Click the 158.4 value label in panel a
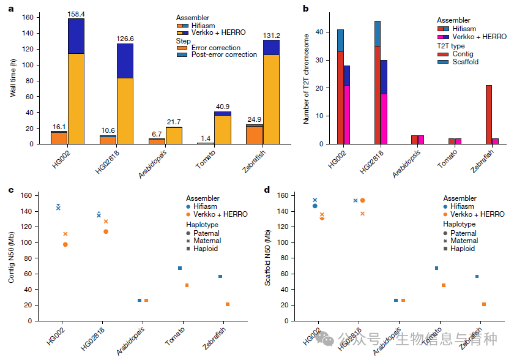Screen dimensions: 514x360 click(76, 14)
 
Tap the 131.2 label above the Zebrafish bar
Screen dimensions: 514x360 click(272, 36)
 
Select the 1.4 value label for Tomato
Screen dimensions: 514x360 click(206, 138)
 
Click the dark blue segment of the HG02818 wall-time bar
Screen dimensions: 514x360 click(125, 61)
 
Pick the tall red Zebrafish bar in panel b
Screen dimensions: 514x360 click(489, 114)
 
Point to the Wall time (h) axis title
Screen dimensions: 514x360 click(13, 78)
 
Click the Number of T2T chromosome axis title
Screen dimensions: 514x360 click(306, 79)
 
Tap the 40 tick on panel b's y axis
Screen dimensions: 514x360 click(319, 32)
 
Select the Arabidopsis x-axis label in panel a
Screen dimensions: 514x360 click(152, 164)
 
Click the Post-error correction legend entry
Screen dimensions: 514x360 click(217, 54)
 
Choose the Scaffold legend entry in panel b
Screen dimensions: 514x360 click(458, 62)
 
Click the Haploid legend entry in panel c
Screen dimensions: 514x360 click(202, 249)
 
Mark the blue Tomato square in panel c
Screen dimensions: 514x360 click(180, 268)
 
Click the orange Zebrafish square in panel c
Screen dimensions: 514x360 click(228, 304)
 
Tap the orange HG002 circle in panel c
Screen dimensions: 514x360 click(65, 244)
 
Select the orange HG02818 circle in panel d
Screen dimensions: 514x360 click(362, 200)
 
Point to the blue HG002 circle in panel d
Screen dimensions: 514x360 click(315, 206)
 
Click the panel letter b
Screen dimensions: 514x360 click(306, 9)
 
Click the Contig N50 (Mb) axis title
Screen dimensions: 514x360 click(12, 257)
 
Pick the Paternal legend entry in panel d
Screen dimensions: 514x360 click(460, 233)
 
